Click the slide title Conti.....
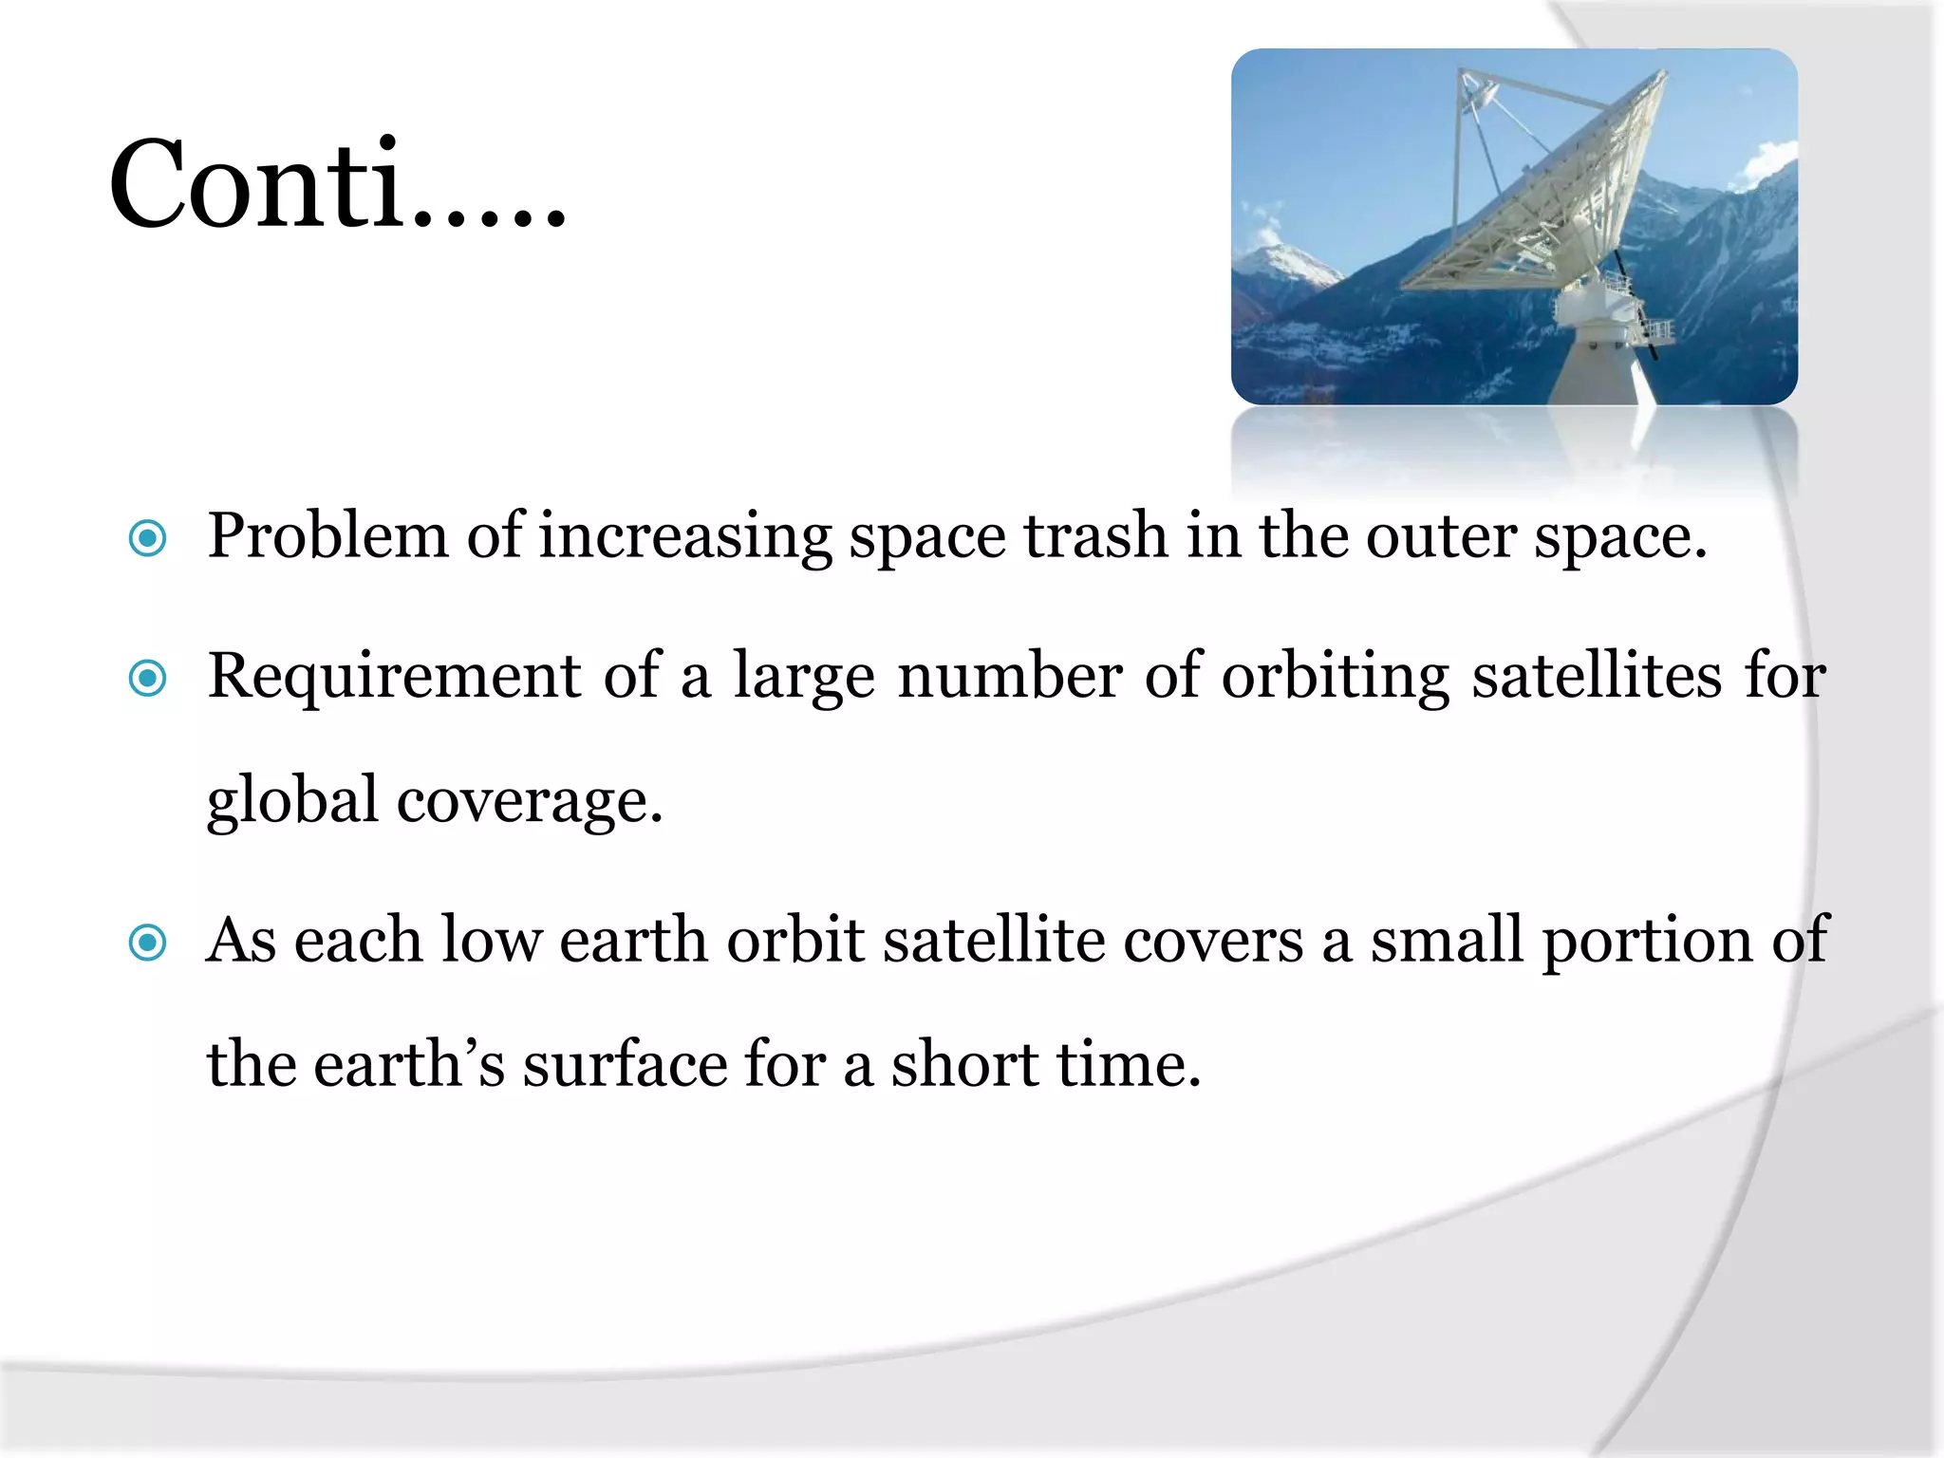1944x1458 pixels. (337, 184)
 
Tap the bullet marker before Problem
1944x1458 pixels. (148, 538)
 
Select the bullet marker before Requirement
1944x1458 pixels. (148, 678)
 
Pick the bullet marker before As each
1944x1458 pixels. (148, 943)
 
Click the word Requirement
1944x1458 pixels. (394, 676)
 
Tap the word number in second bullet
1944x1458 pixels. (1010, 676)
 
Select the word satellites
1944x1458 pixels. (1596, 676)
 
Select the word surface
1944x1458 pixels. (625, 1064)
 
